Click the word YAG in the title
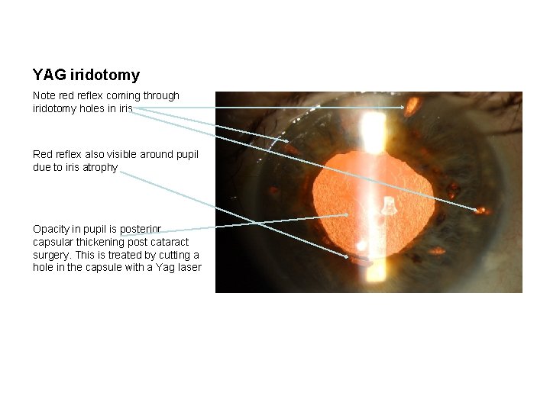(x=49, y=76)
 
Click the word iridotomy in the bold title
(x=105, y=76)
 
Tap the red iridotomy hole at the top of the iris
(x=412, y=106)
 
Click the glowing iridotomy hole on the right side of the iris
(x=480, y=210)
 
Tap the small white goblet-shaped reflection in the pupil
(x=389, y=206)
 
